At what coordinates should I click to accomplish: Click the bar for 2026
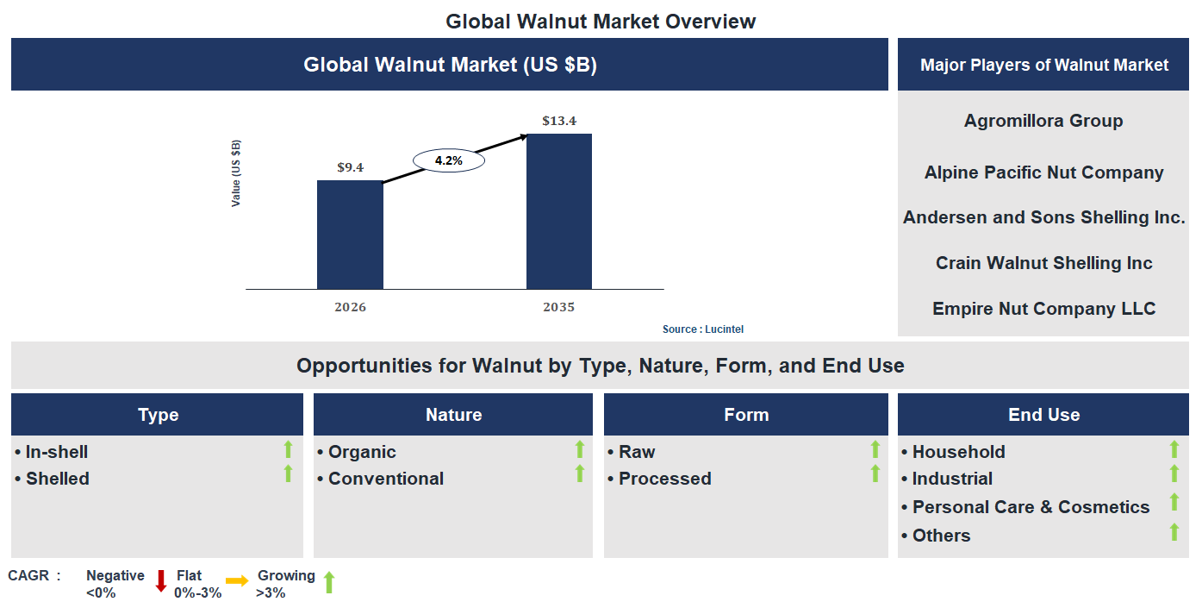[350, 235]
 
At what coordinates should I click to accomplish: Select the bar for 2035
[559, 211]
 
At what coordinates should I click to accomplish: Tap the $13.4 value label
[559, 121]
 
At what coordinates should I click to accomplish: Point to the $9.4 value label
[350, 167]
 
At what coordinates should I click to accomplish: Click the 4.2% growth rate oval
[448, 160]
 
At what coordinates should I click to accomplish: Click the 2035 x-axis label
[559, 307]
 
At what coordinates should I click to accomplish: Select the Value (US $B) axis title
[236, 173]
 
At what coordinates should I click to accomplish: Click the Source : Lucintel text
[702, 329]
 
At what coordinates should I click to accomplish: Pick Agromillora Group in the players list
[1043, 121]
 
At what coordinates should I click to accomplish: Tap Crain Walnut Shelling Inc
[1043, 263]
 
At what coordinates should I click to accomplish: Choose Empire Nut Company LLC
[1043, 309]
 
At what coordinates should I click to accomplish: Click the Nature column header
[453, 415]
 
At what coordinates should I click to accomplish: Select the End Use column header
[1043, 415]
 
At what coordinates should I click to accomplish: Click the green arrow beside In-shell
[289, 449]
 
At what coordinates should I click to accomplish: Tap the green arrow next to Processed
[875, 473]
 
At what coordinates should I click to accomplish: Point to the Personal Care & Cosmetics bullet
[1030, 507]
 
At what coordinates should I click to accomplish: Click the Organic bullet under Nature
[361, 452]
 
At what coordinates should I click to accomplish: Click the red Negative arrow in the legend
[160, 581]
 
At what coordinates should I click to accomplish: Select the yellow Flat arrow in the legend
[236, 581]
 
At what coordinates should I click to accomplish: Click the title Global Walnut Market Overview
[601, 22]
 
